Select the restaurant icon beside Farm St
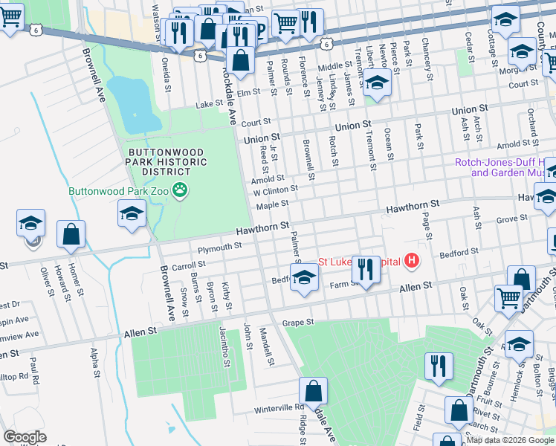[x=366, y=268]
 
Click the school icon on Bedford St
[x=303, y=279]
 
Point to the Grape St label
[x=299, y=323]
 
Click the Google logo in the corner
[x=25, y=437]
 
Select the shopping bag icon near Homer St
[x=71, y=235]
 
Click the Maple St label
[x=273, y=204]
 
